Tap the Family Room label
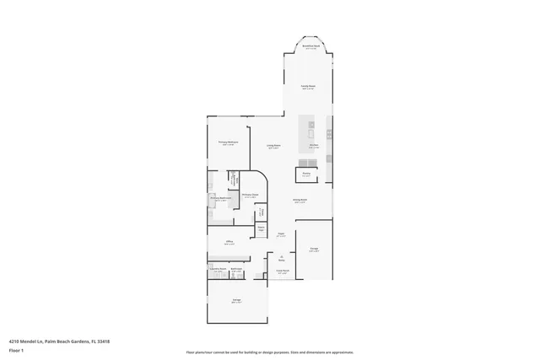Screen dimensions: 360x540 (x=309, y=86)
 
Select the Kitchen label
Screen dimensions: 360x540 (x=313, y=145)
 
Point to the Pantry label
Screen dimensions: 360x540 (x=306, y=175)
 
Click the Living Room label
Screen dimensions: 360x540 (x=273, y=147)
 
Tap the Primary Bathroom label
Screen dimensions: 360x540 (x=221, y=199)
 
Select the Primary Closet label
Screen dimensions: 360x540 (x=250, y=195)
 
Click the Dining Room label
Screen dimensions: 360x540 (x=300, y=201)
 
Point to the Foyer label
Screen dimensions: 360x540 (x=281, y=234)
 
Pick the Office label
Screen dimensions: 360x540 (x=229, y=242)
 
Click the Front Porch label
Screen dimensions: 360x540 (x=283, y=272)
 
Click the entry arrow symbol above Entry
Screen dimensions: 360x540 (x=281, y=255)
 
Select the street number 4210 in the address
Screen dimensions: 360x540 (x=15, y=341)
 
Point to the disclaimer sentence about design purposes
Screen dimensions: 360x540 (x=270, y=352)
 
